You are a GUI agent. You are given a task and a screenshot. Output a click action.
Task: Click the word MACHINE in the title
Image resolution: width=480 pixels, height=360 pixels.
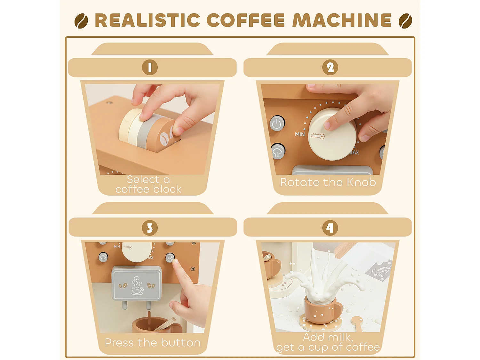point(342,20)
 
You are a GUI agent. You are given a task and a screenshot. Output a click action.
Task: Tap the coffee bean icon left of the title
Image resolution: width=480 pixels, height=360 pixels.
point(81,21)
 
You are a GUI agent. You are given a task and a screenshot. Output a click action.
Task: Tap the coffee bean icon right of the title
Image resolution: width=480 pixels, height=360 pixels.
point(405,21)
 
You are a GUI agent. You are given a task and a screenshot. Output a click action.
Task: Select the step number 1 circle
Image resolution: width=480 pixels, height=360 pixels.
point(150,68)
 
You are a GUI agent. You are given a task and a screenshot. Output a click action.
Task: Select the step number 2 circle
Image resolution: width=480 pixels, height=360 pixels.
point(330,68)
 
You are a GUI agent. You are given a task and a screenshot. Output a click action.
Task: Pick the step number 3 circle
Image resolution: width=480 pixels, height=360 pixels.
point(150,228)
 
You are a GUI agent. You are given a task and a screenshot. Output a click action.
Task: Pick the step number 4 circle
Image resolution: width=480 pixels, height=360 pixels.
point(330,228)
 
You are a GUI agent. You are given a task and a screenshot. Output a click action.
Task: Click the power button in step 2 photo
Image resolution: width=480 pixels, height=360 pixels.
point(277,124)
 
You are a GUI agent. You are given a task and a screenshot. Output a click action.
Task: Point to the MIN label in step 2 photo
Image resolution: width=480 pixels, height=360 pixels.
point(300,134)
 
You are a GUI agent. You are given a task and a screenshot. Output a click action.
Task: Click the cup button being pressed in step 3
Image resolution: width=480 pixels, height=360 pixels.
point(170,258)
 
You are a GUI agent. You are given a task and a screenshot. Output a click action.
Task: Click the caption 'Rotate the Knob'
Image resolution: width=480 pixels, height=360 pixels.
point(328,182)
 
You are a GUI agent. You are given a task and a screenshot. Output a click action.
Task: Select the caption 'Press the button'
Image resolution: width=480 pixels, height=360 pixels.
point(153,343)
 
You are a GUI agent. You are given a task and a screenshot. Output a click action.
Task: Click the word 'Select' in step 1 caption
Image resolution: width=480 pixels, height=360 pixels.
point(143,180)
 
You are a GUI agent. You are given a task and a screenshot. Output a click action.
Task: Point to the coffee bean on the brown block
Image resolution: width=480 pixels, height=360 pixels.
point(164,139)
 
